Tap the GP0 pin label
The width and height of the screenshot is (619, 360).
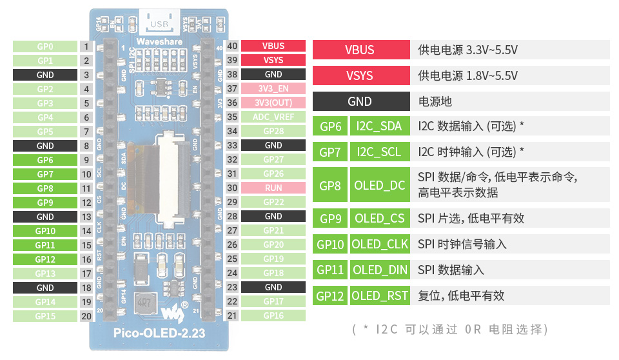[45, 46]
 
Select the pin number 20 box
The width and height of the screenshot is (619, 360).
[86, 316]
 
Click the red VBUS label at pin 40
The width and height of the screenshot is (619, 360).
[273, 46]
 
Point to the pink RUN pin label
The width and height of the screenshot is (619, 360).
[273, 188]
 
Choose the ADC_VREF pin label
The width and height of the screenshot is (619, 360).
[273, 117]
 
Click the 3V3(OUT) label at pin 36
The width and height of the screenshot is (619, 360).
[273, 103]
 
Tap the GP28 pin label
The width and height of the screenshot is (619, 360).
[273, 132]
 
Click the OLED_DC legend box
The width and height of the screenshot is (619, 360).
[379, 186]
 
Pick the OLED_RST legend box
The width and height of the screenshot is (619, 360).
[379, 295]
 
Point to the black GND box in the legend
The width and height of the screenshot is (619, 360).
[360, 101]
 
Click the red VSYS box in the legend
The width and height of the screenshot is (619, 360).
[360, 75]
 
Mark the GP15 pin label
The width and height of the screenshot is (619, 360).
[45, 316]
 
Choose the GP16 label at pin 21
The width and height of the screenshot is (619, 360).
[273, 315]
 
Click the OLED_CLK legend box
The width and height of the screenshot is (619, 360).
[379, 244]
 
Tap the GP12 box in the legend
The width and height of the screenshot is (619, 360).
[330, 295]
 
